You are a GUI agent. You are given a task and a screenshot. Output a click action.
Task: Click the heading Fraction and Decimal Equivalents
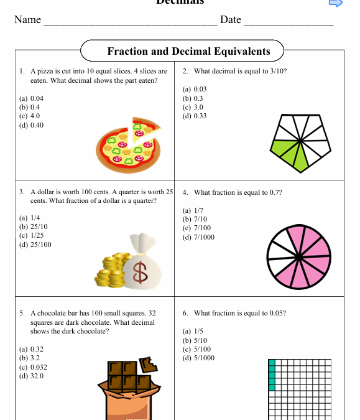click(188, 52)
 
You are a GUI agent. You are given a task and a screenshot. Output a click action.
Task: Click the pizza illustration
click(129, 144)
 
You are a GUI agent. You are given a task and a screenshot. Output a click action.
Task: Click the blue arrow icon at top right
click(335, 3)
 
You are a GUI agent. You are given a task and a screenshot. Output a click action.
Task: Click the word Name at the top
click(27, 20)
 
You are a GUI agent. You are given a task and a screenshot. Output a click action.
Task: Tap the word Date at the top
click(231, 20)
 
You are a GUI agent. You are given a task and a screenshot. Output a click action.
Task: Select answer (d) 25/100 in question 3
click(35, 245)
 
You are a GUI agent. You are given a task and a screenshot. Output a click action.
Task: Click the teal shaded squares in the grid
click(272, 375)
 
